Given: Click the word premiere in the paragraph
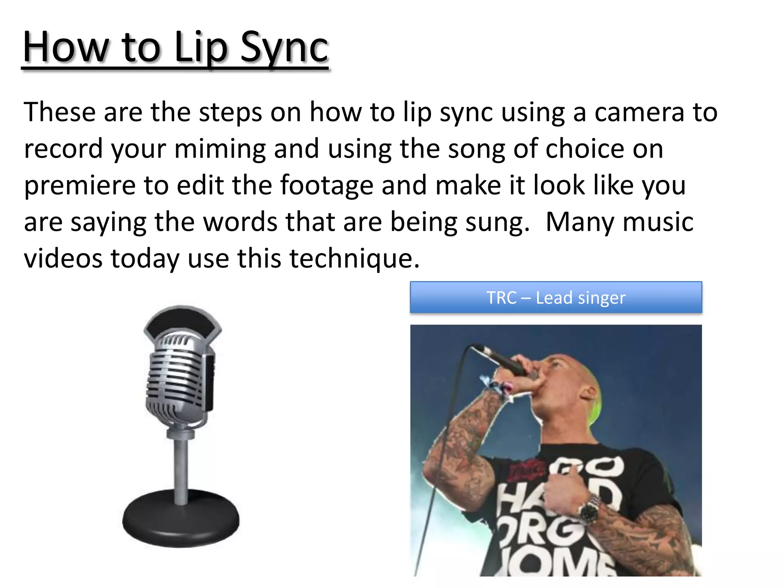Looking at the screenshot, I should click(x=80, y=185).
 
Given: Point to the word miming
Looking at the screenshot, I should click(x=220, y=149).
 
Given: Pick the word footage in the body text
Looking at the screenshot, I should click(x=326, y=185).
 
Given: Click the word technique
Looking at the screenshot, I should click(x=354, y=258).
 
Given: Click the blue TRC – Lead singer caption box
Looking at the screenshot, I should click(x=556, y=298).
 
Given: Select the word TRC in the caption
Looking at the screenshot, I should click(x=501, y=298).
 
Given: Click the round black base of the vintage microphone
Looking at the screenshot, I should click(x=181, y=519).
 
